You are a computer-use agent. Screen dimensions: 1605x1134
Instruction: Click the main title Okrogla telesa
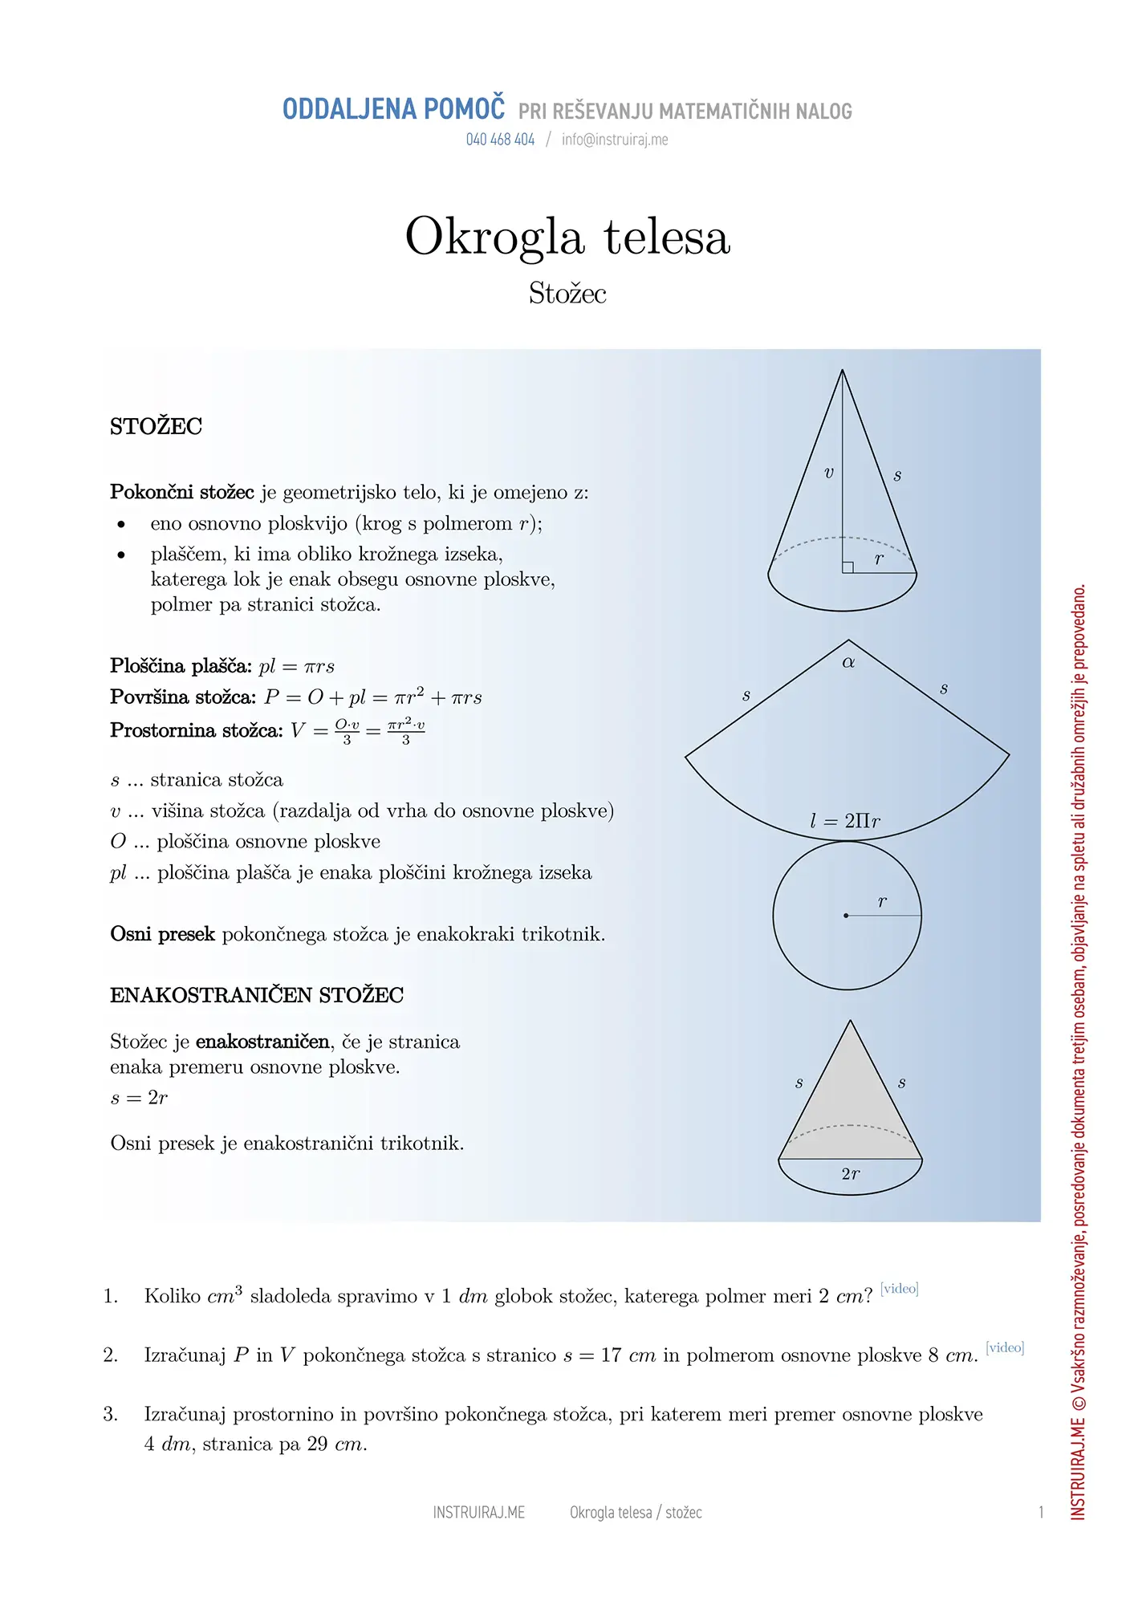[567, 237]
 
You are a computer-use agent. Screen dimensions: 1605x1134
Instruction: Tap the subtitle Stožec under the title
[567, 294]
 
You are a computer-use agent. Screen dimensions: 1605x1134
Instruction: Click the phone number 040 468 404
[500, 140]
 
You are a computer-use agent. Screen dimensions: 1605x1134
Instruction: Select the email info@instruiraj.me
[615, 140]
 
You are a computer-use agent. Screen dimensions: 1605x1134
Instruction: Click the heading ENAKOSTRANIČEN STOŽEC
[257, 996]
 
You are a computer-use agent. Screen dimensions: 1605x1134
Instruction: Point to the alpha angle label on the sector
[848, 663]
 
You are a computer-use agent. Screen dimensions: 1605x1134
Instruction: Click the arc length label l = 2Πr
[845, 821]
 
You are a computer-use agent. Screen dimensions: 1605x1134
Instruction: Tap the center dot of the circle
[846, 916]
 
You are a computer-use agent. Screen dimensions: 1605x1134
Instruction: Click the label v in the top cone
[829, 473]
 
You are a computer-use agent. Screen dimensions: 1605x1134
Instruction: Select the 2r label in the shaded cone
[851, 1174]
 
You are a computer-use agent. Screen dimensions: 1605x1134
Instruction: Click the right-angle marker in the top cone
[847, 567]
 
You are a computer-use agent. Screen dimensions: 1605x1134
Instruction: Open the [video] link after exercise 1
[899, 1289]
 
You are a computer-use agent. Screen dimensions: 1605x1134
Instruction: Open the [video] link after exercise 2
[1005, 1347]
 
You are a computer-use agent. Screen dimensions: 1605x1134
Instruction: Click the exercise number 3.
[110, 1414]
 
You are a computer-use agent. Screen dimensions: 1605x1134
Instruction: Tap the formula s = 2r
[139, 1098]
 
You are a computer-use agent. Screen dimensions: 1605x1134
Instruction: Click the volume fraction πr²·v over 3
[406, 731]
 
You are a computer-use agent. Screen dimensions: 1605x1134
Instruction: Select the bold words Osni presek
[162, 934]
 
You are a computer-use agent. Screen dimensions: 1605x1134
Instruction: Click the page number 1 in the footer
[1041, 1513]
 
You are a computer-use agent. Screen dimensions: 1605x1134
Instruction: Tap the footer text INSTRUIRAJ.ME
[479, 1513]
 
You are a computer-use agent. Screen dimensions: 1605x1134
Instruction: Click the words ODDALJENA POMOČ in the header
[393, 109]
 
